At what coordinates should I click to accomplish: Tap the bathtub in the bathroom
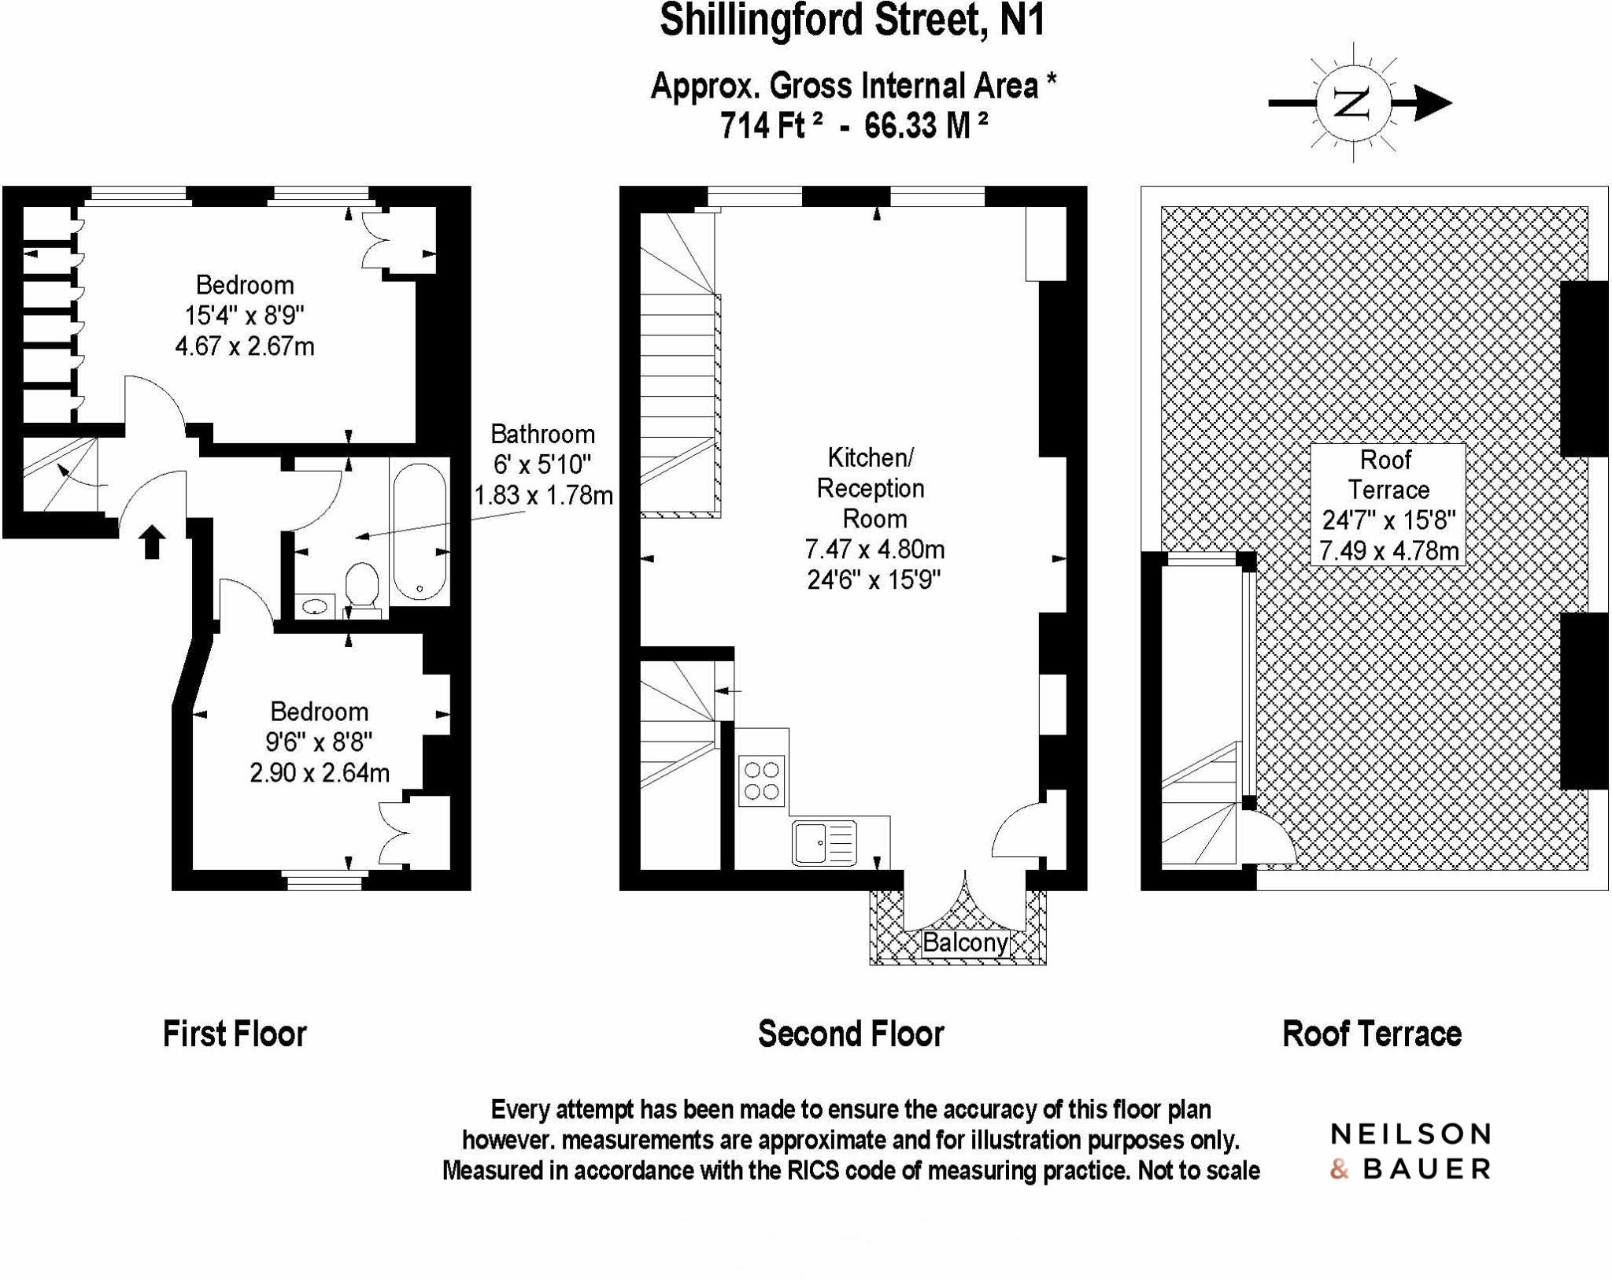coord(420,531)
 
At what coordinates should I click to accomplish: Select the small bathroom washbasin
coord(316,606)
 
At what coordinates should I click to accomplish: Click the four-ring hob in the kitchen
coord(762,780)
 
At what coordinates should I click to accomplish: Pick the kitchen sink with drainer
coord(824,842)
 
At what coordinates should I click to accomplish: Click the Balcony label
coord(965,942)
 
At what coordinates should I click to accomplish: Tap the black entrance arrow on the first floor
coord(152,542)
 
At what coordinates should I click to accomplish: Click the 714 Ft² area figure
coord(771,124)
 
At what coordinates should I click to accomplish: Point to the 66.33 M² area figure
coord(926,124)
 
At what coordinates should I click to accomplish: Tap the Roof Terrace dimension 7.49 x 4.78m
coord(1388,550)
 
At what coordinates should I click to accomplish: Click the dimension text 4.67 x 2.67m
coord(245,346)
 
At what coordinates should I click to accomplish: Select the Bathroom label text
coord(542,434)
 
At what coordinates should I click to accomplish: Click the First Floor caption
coord(235,1034)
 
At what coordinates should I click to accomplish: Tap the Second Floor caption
coord(851,1034)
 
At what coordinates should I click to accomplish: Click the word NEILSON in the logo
coord(1410,1134)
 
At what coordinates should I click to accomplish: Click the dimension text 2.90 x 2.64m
coord(320,772)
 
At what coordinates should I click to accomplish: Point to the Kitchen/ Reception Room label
coord(871,487)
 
